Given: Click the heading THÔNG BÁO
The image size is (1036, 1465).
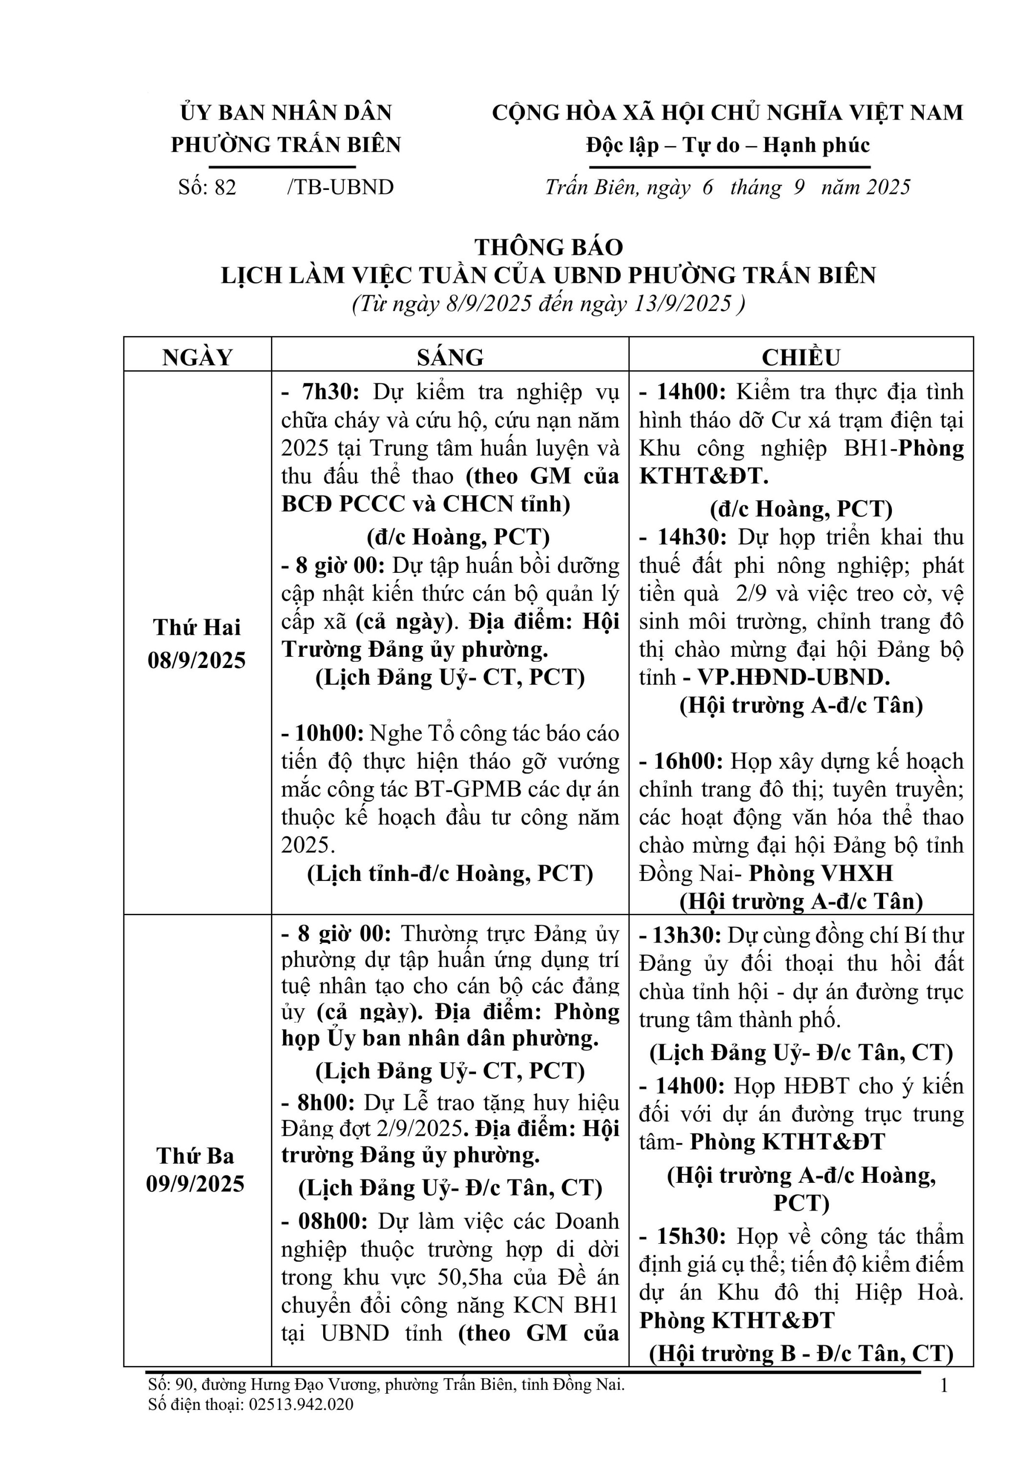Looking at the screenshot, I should [x=549, y=247].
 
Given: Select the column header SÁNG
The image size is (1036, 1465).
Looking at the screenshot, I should [x=450, y=356].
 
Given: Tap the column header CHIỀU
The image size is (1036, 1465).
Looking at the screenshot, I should [x=801, y=356].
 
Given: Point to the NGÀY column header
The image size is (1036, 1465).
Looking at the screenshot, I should [x=198, y=356].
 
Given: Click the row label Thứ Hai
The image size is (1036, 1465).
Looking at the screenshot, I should [x=197, y=627].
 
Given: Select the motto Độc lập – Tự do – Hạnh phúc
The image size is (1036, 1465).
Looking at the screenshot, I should [x=728, y=146].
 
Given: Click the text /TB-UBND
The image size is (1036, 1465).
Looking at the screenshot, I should [x=341, y=187].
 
